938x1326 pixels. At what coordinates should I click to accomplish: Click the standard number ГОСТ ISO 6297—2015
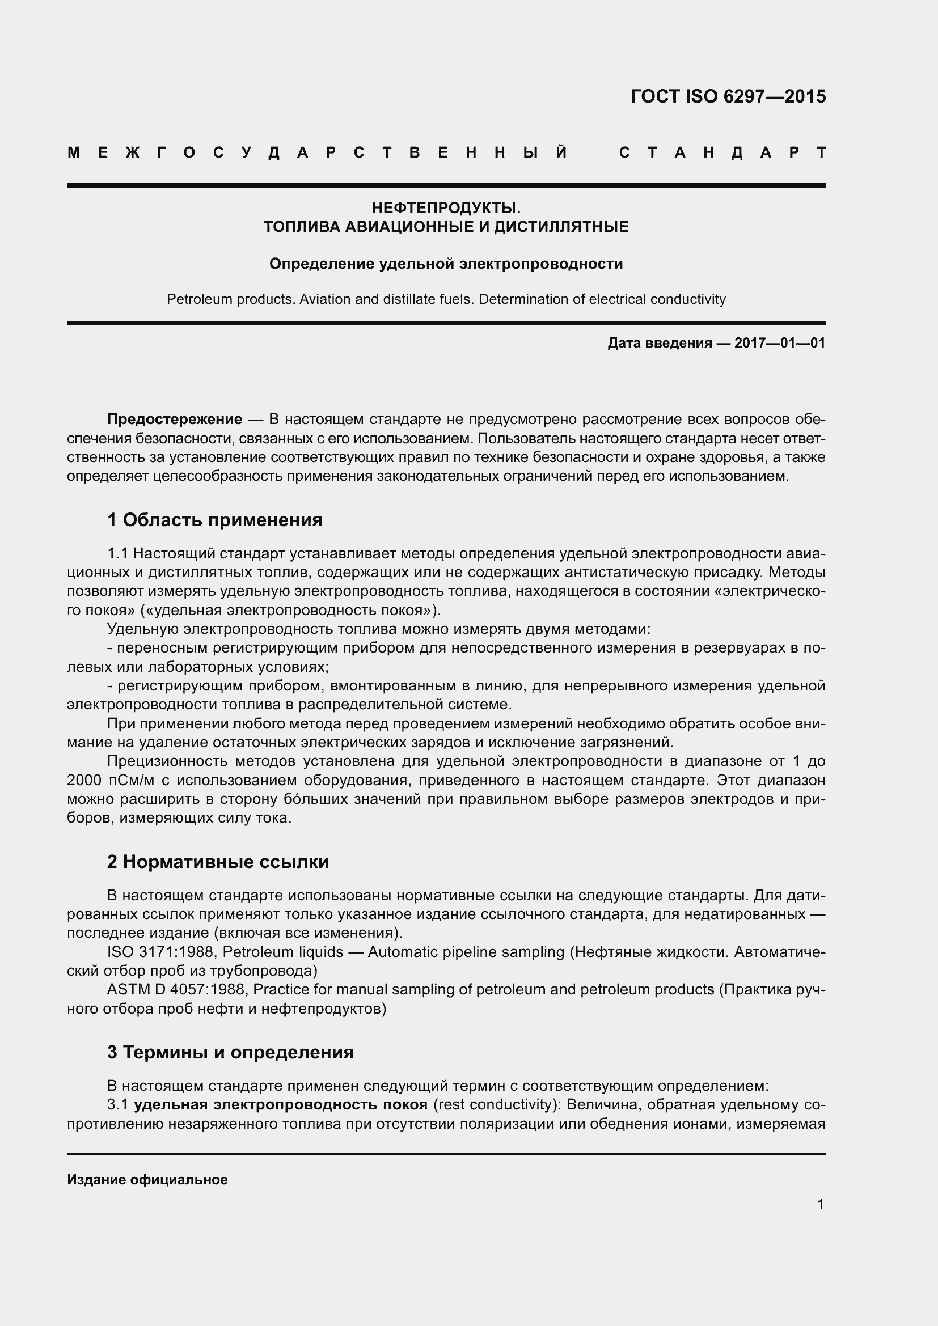[728, 96]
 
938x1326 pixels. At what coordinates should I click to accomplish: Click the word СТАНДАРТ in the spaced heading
[722, 153]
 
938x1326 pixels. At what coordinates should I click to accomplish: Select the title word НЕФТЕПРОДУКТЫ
[446, 208]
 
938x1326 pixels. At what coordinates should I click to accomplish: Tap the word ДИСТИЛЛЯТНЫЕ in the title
[561, 227]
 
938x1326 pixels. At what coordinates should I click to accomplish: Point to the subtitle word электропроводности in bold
[541, 264]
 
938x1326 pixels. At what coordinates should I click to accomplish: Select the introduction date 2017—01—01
[780, 343]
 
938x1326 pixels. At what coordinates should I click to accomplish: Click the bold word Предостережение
[175, 420]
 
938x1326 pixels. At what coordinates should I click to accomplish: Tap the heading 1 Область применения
[214, 520]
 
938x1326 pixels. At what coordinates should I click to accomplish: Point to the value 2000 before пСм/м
[84, 780]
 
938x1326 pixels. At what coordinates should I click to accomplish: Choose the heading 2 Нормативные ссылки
[218, 862]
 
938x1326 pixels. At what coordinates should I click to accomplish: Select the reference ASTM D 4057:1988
[178, 989]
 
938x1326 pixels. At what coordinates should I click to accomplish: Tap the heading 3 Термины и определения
[230, 1052]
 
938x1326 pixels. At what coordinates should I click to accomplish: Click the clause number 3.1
[117, 1105]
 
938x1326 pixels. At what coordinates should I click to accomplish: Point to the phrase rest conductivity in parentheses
[496, 1105]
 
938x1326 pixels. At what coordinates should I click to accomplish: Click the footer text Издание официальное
[147, 1180]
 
